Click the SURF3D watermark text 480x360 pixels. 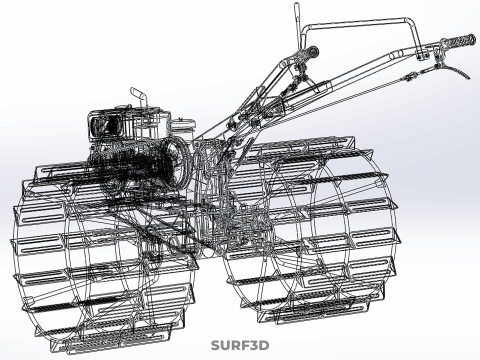240,345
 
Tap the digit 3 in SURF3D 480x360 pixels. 253,345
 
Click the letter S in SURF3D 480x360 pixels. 216,345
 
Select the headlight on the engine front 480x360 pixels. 103,126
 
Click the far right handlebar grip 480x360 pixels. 458,41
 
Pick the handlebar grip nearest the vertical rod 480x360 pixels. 307,53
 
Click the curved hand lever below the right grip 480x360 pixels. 454,69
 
